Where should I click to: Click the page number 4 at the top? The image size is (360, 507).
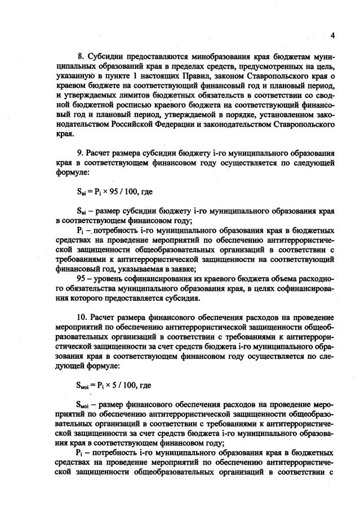(332, 35)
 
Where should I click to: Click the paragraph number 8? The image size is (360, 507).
(79, 57)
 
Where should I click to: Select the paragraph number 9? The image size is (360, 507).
(79, 153)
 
